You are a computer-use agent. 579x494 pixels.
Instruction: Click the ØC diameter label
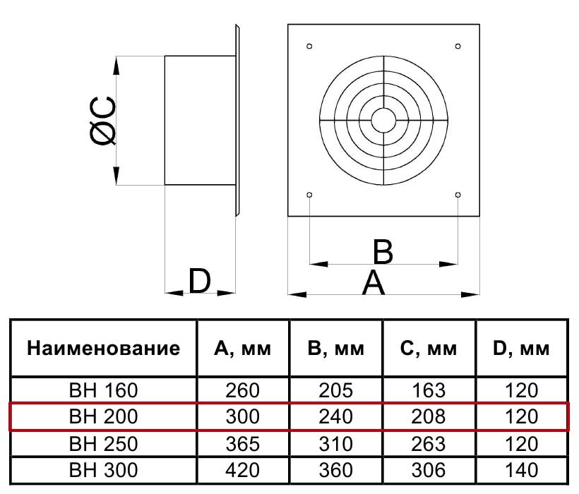(x=104, y=121)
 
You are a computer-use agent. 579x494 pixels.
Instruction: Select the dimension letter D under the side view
(x=200, y=281)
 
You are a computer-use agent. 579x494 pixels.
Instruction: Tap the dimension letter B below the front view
(x=383, y=252)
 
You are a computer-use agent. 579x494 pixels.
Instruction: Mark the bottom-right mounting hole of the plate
(x=458, y=194)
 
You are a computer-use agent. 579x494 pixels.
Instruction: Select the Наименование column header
(x=103, y=349)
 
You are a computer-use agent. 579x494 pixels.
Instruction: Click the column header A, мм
(x=243, y=349)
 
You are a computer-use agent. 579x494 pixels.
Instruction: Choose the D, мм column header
(x=522, y=349)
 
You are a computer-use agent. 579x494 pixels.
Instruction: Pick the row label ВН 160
(x=103, y=390)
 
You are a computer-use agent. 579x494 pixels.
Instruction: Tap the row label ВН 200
(x=103, y=416)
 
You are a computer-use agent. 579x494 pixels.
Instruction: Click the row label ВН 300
(x=103, y=470)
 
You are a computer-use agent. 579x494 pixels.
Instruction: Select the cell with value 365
(x=243, y=443)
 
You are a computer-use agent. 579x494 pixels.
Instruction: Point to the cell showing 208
(x=429, y=416)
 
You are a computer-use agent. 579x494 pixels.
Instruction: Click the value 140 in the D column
(x=522, y=470)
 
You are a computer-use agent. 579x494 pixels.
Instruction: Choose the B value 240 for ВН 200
(x=335, y=416)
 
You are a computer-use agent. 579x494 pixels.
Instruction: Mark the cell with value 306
(x=429, y=470)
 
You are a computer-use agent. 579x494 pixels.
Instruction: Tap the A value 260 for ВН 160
(x=243, y=390)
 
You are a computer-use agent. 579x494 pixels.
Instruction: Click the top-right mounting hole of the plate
(x=458, y=47)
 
